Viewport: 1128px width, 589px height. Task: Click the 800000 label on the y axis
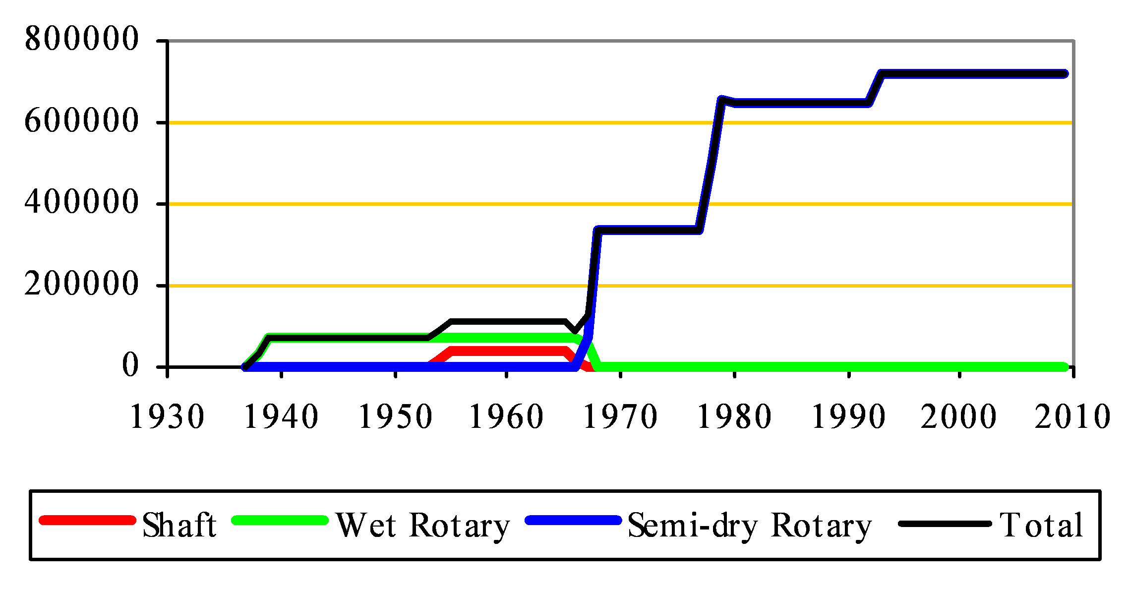pyautogui.click(x=81, y=39)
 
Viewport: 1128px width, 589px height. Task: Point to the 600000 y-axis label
pyautogui.click(x=81, y=121)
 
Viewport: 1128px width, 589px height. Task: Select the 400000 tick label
pyautogui.click(x=81, y=202)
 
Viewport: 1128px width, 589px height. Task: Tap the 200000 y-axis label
pyautogui.click(x=81, y=284)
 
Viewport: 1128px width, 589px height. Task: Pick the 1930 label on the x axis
pyautogui.click(x=167, y=416)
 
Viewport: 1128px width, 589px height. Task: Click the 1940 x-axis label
pyautogui.click(x=281, y=416)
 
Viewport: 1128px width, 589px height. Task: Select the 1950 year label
pyautogui.click(x=395, y=416)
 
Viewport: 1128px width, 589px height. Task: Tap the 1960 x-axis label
pyautogui.click(x=506, y=416)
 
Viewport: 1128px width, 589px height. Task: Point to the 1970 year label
pyautogui.click(x=620, y=416)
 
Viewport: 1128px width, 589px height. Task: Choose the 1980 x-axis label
pyautogui.click(x=734, y=416)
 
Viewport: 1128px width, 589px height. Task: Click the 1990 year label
pyautogui.click(x=848, y=416)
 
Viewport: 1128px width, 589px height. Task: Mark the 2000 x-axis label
pyautogui.click(x=959, y=416)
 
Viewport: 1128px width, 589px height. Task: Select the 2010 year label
pyautogui.click(x=1072, y=416)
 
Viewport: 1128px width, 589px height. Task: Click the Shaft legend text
pyautogui.click(x=179, y=525)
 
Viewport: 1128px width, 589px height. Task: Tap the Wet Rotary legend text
pyautogui.click(x=423, y=526)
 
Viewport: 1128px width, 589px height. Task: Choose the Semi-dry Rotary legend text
pyautogui.click(x=750, y=526)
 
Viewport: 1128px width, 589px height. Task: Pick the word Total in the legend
pyautogui.click(x=1041, y=525)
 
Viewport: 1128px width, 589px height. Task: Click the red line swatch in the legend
pyautogui.click(x=87, y=521)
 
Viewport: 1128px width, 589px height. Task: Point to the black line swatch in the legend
pyautogui.click(x=945, y=524)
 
